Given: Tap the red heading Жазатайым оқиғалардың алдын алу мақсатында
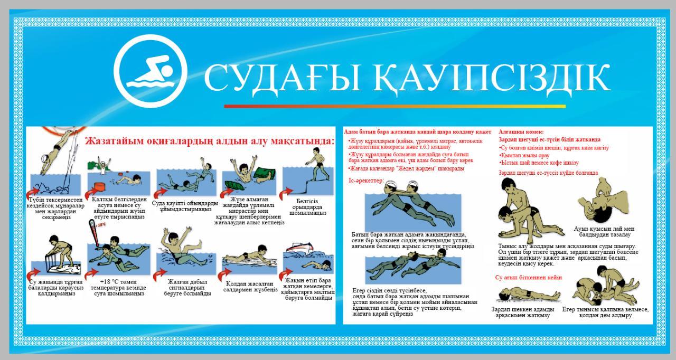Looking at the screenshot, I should point(210,141).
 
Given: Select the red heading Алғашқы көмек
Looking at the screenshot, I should point(521,131).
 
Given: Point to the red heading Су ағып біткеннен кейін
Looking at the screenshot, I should point(528,277).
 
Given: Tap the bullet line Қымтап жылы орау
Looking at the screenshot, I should point(521,155).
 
